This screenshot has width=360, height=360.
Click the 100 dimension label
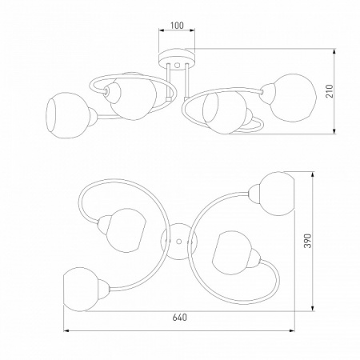[x=177, y=26]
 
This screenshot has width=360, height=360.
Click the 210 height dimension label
[x=330, y=91]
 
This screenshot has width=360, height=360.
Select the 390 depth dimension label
[x=308, y=241]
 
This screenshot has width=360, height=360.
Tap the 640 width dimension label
[x=180, y=318]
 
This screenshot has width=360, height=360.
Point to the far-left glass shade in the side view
[x=68, y=115]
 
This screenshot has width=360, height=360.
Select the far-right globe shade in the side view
[x=293, y=98]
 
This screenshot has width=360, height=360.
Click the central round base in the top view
[x=179, y=242]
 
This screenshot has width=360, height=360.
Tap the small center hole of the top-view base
[x=179, y=242]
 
